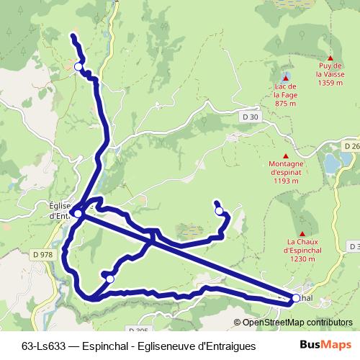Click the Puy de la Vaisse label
330,74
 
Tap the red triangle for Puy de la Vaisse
330,58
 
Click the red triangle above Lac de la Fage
286,78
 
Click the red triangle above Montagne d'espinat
286,156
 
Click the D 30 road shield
250,117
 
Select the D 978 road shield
42,254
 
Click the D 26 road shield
351,146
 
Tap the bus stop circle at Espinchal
296,298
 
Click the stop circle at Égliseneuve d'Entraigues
78,213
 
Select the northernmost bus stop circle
78,67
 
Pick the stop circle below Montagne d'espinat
220,212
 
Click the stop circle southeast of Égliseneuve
110,278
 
